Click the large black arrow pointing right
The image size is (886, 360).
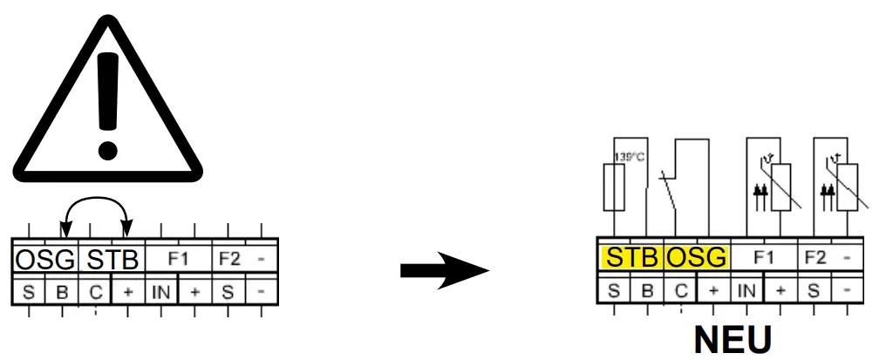(x=445, y=272)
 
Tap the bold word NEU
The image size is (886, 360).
(x=733, y=340)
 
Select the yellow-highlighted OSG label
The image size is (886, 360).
(x=697, y=258)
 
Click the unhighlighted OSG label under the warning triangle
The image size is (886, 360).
(x=44, y=261)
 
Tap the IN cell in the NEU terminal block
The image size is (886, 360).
(x=746, y=290)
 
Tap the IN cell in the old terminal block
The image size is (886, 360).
(x=161, y=291)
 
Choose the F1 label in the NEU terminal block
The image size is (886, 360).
(x=764, y=258)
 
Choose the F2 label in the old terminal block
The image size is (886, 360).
(x=229, y=259)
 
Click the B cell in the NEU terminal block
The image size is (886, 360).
(x=647, y=290)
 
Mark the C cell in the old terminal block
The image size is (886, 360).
(x=95, y=291)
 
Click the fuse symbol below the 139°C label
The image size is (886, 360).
(x=614, y=187)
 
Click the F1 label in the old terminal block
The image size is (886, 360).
(x=178, y=259)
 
